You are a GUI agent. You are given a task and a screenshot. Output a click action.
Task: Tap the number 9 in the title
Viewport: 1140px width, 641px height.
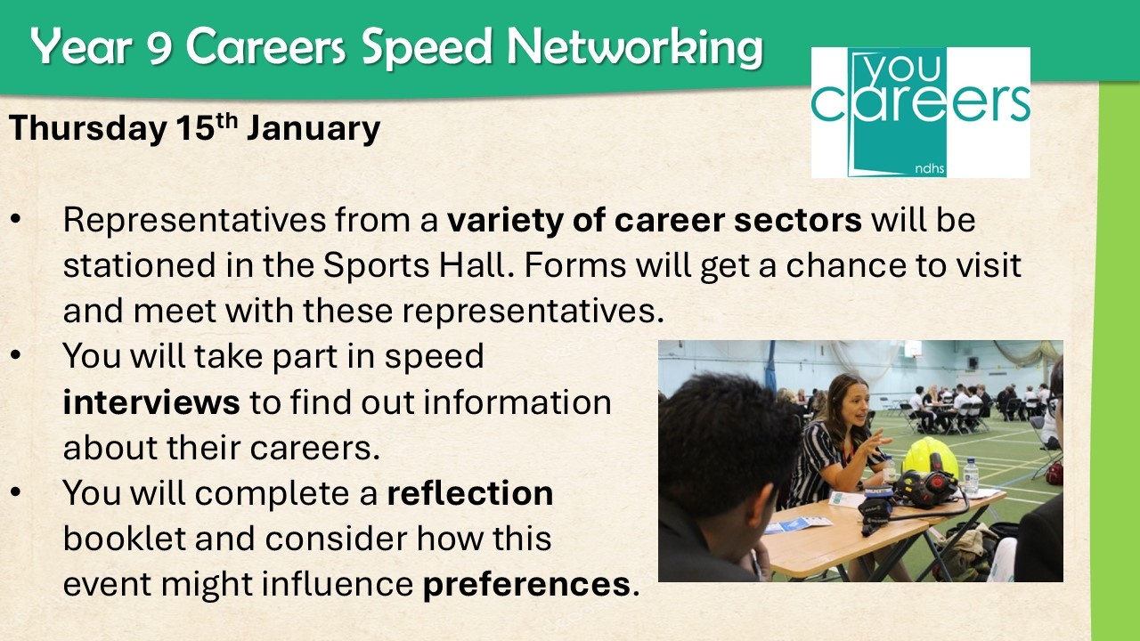(160, 47)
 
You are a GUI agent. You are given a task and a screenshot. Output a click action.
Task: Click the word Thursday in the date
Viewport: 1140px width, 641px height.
(87, 128)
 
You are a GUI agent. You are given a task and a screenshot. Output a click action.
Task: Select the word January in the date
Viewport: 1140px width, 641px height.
(313, 128)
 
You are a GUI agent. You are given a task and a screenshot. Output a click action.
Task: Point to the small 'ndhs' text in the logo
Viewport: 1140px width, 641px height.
(929, 168)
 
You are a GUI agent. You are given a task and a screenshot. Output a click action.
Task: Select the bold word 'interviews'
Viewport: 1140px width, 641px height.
(151, 402)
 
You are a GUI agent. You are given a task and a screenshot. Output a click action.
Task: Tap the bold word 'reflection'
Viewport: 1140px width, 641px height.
(469, 493)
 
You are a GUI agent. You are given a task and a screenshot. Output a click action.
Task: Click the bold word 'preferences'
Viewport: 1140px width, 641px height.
(526, 585)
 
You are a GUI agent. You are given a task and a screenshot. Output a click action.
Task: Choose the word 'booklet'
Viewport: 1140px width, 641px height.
(124, 539)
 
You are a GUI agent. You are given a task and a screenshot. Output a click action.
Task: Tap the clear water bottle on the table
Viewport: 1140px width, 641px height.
(971, 478)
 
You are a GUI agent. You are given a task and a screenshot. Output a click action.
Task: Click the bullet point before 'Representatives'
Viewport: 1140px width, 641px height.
(15, 220)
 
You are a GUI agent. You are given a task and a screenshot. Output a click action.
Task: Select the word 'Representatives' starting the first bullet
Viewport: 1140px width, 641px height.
(194, 220)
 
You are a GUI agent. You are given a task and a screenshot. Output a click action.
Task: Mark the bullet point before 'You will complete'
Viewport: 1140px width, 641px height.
(15, 492)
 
